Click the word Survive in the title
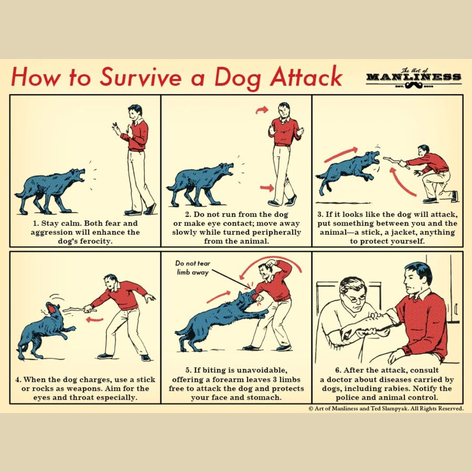point(139,76)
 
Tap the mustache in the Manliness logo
point(413,86)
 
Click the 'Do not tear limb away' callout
point(193,267)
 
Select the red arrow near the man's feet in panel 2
point(266,188)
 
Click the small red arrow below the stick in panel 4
point(94,319)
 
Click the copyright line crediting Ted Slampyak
point(386,409)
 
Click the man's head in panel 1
point(135,112)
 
